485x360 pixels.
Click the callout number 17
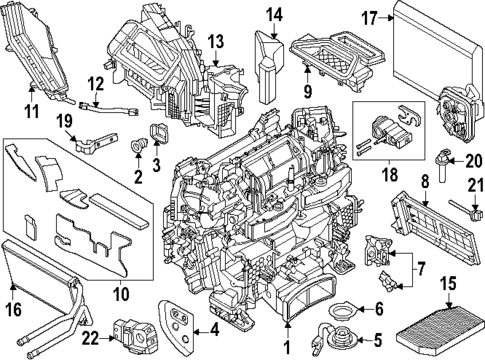pyautogui.click(x=369, y=18)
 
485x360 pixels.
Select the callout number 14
pyautogui.click(x=274, y=14)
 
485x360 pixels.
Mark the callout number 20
pyautogui.click(x=473, y=160)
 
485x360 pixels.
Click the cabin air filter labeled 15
pyautogui.click(x=445, y=326)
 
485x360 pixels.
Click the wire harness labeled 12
pyautogui.click(x=107, y=102)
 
